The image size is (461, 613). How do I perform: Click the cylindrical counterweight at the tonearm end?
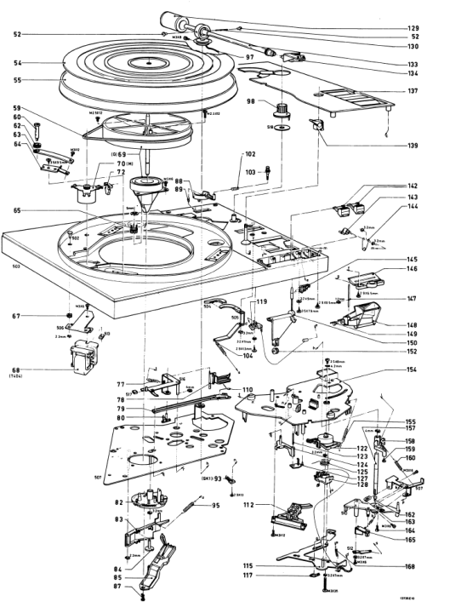tap(169, 18)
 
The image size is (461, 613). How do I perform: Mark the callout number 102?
tap(251, 155)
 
